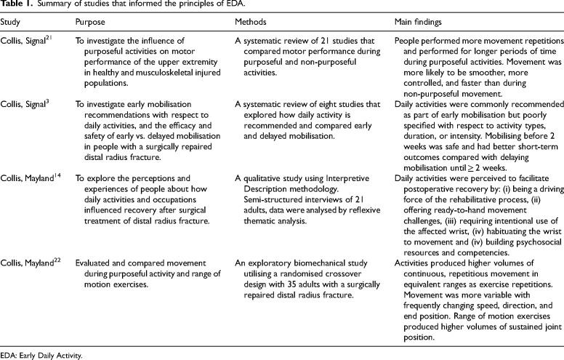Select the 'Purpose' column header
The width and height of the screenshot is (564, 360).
[91, 25]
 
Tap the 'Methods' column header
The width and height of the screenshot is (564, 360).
[241, 25]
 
